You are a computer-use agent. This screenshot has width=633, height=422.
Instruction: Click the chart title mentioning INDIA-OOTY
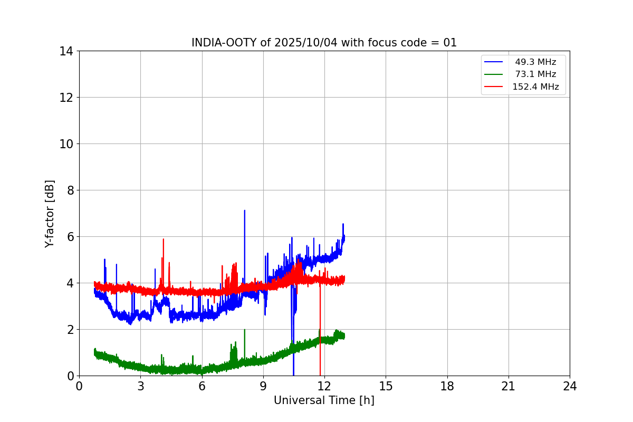[x=324, y=43]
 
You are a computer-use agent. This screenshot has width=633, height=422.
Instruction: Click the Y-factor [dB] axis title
[x=50, y=214]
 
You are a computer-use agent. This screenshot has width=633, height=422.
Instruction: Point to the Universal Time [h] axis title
[x=324, y=400]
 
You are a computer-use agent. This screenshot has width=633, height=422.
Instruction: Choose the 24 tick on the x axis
[x=570, y=386]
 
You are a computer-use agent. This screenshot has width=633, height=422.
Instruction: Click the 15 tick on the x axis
[x=386, y=386]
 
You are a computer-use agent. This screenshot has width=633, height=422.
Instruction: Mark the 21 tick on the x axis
[x=509, y=386]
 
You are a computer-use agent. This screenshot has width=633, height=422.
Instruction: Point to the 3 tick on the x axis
[x=140, y=386]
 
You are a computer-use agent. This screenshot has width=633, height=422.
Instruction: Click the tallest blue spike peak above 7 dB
[x=244, y=210]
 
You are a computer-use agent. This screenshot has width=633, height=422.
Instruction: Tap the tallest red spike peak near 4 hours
[x=164, y=239]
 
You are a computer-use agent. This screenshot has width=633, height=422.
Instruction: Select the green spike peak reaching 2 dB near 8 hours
[x=245, y=330]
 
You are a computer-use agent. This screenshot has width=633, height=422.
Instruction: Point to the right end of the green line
[x=344, y=335]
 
